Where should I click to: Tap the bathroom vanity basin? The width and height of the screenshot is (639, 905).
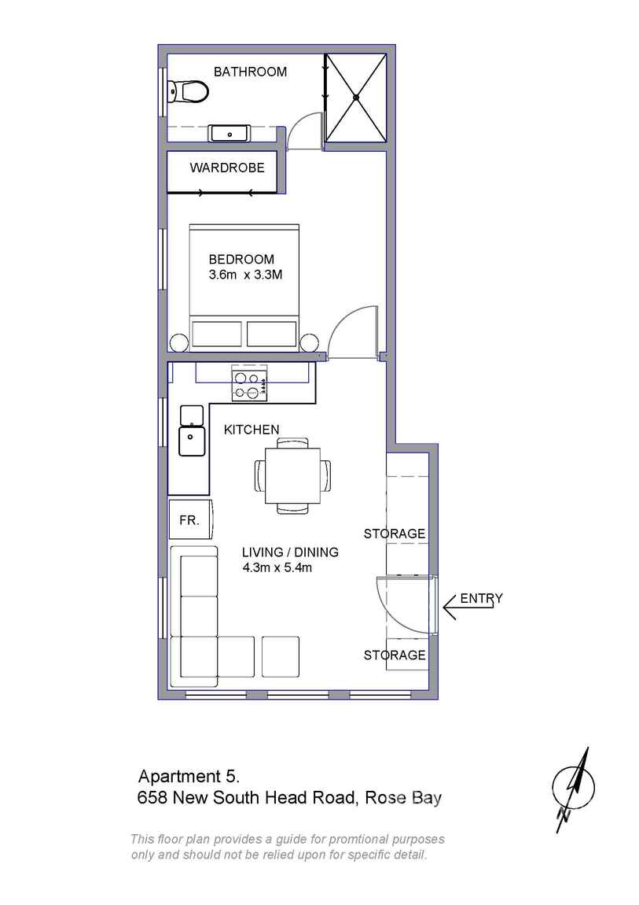[230, 134]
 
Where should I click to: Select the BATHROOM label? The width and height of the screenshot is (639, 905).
[250, 72]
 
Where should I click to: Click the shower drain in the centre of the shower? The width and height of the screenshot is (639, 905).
[356, 98]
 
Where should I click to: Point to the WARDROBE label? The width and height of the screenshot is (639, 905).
[226, 168]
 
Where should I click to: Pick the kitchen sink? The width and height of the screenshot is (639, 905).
[191, 439]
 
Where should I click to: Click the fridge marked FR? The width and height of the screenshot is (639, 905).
[189, 520]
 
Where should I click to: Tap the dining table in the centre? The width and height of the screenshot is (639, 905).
[292, 475]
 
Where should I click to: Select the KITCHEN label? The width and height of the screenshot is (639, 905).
[252, 430]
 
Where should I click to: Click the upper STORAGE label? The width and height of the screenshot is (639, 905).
[394, 534]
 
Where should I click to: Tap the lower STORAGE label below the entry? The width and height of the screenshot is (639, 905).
[394, 655]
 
